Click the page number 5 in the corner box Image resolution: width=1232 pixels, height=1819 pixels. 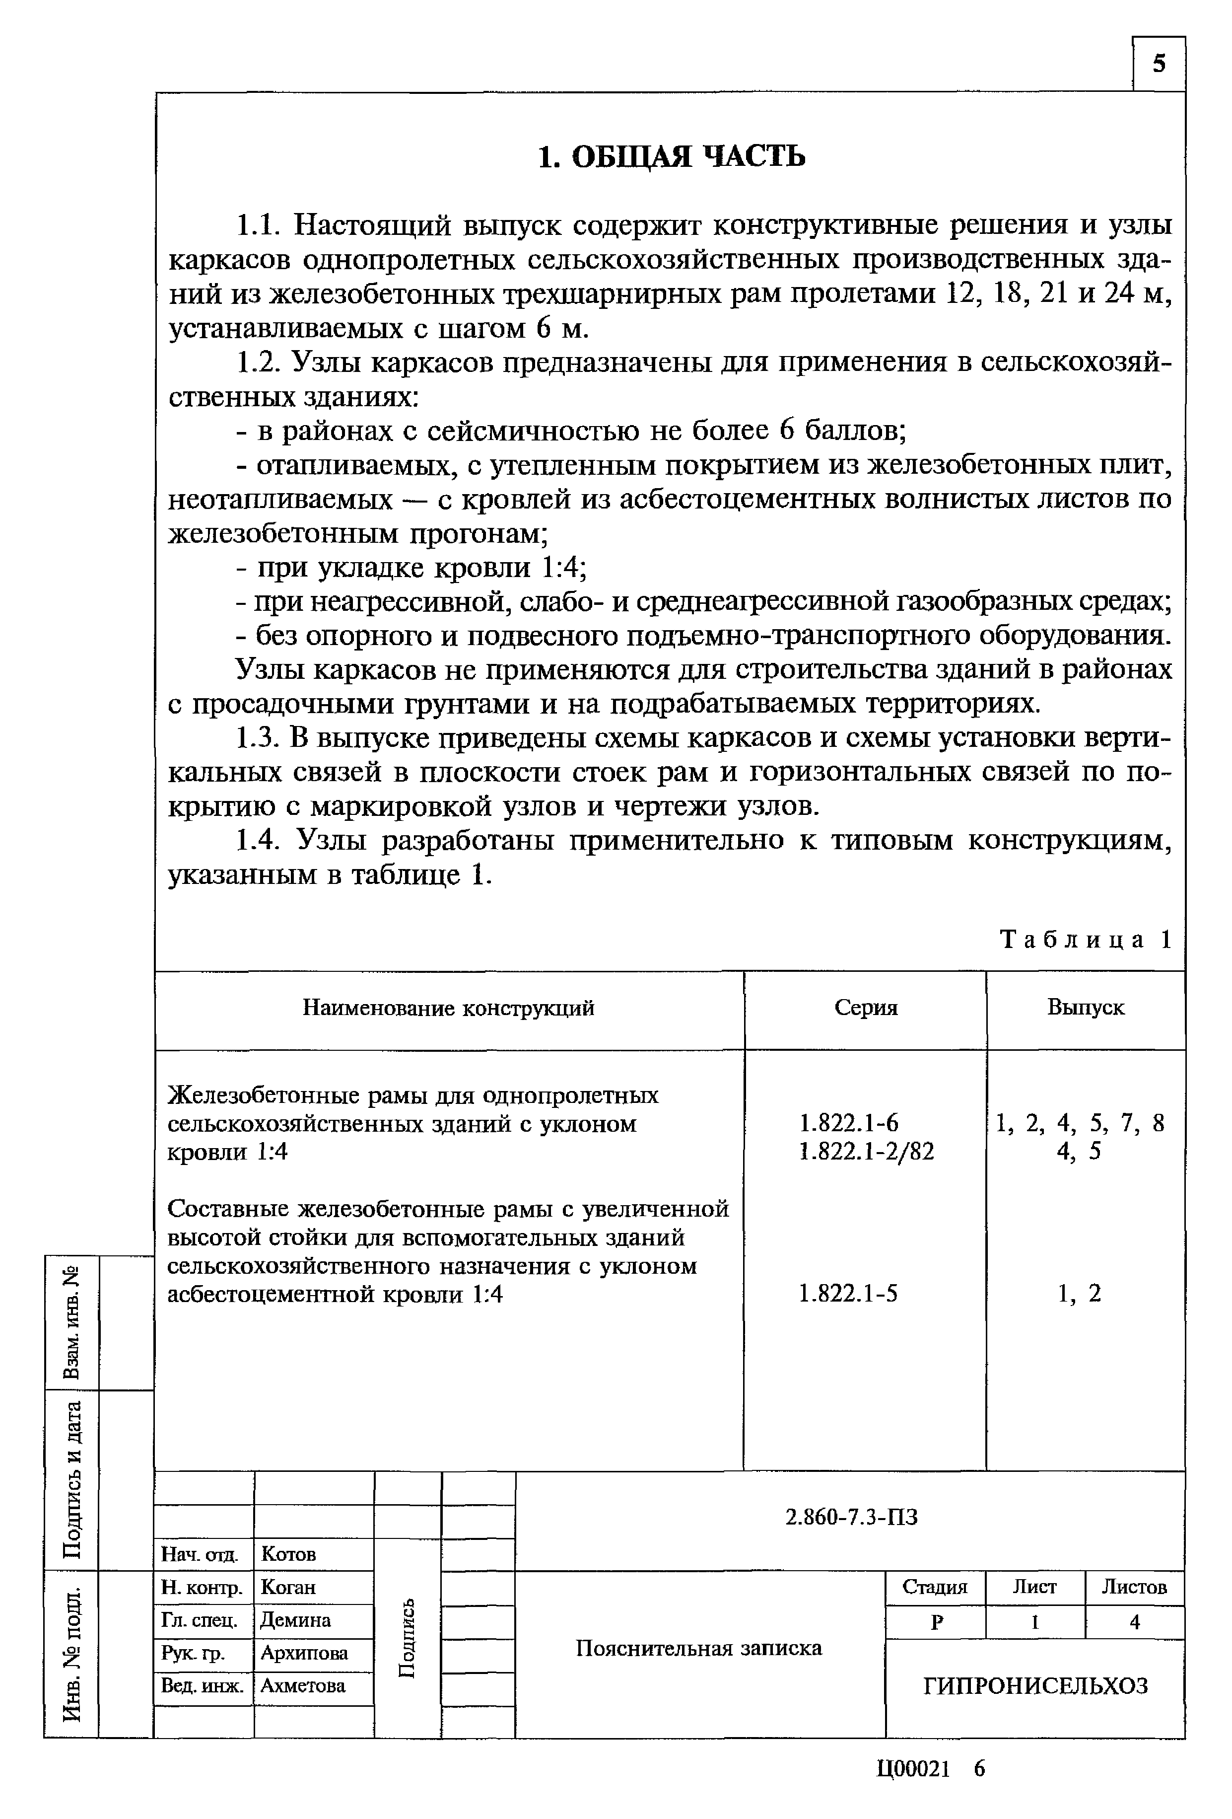click(x=1159, y=64)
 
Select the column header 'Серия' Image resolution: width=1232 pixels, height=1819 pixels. click(x=865, y=1008)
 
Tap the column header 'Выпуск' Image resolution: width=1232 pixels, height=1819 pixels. click(x=1085, y=1008)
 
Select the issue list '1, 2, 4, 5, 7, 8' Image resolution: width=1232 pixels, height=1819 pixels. click(x=1080, y=1123)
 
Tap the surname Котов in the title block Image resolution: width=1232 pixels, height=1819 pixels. click(x=288, y=1554)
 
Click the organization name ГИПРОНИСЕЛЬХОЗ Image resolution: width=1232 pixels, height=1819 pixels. click(x=1035, y=1685)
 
